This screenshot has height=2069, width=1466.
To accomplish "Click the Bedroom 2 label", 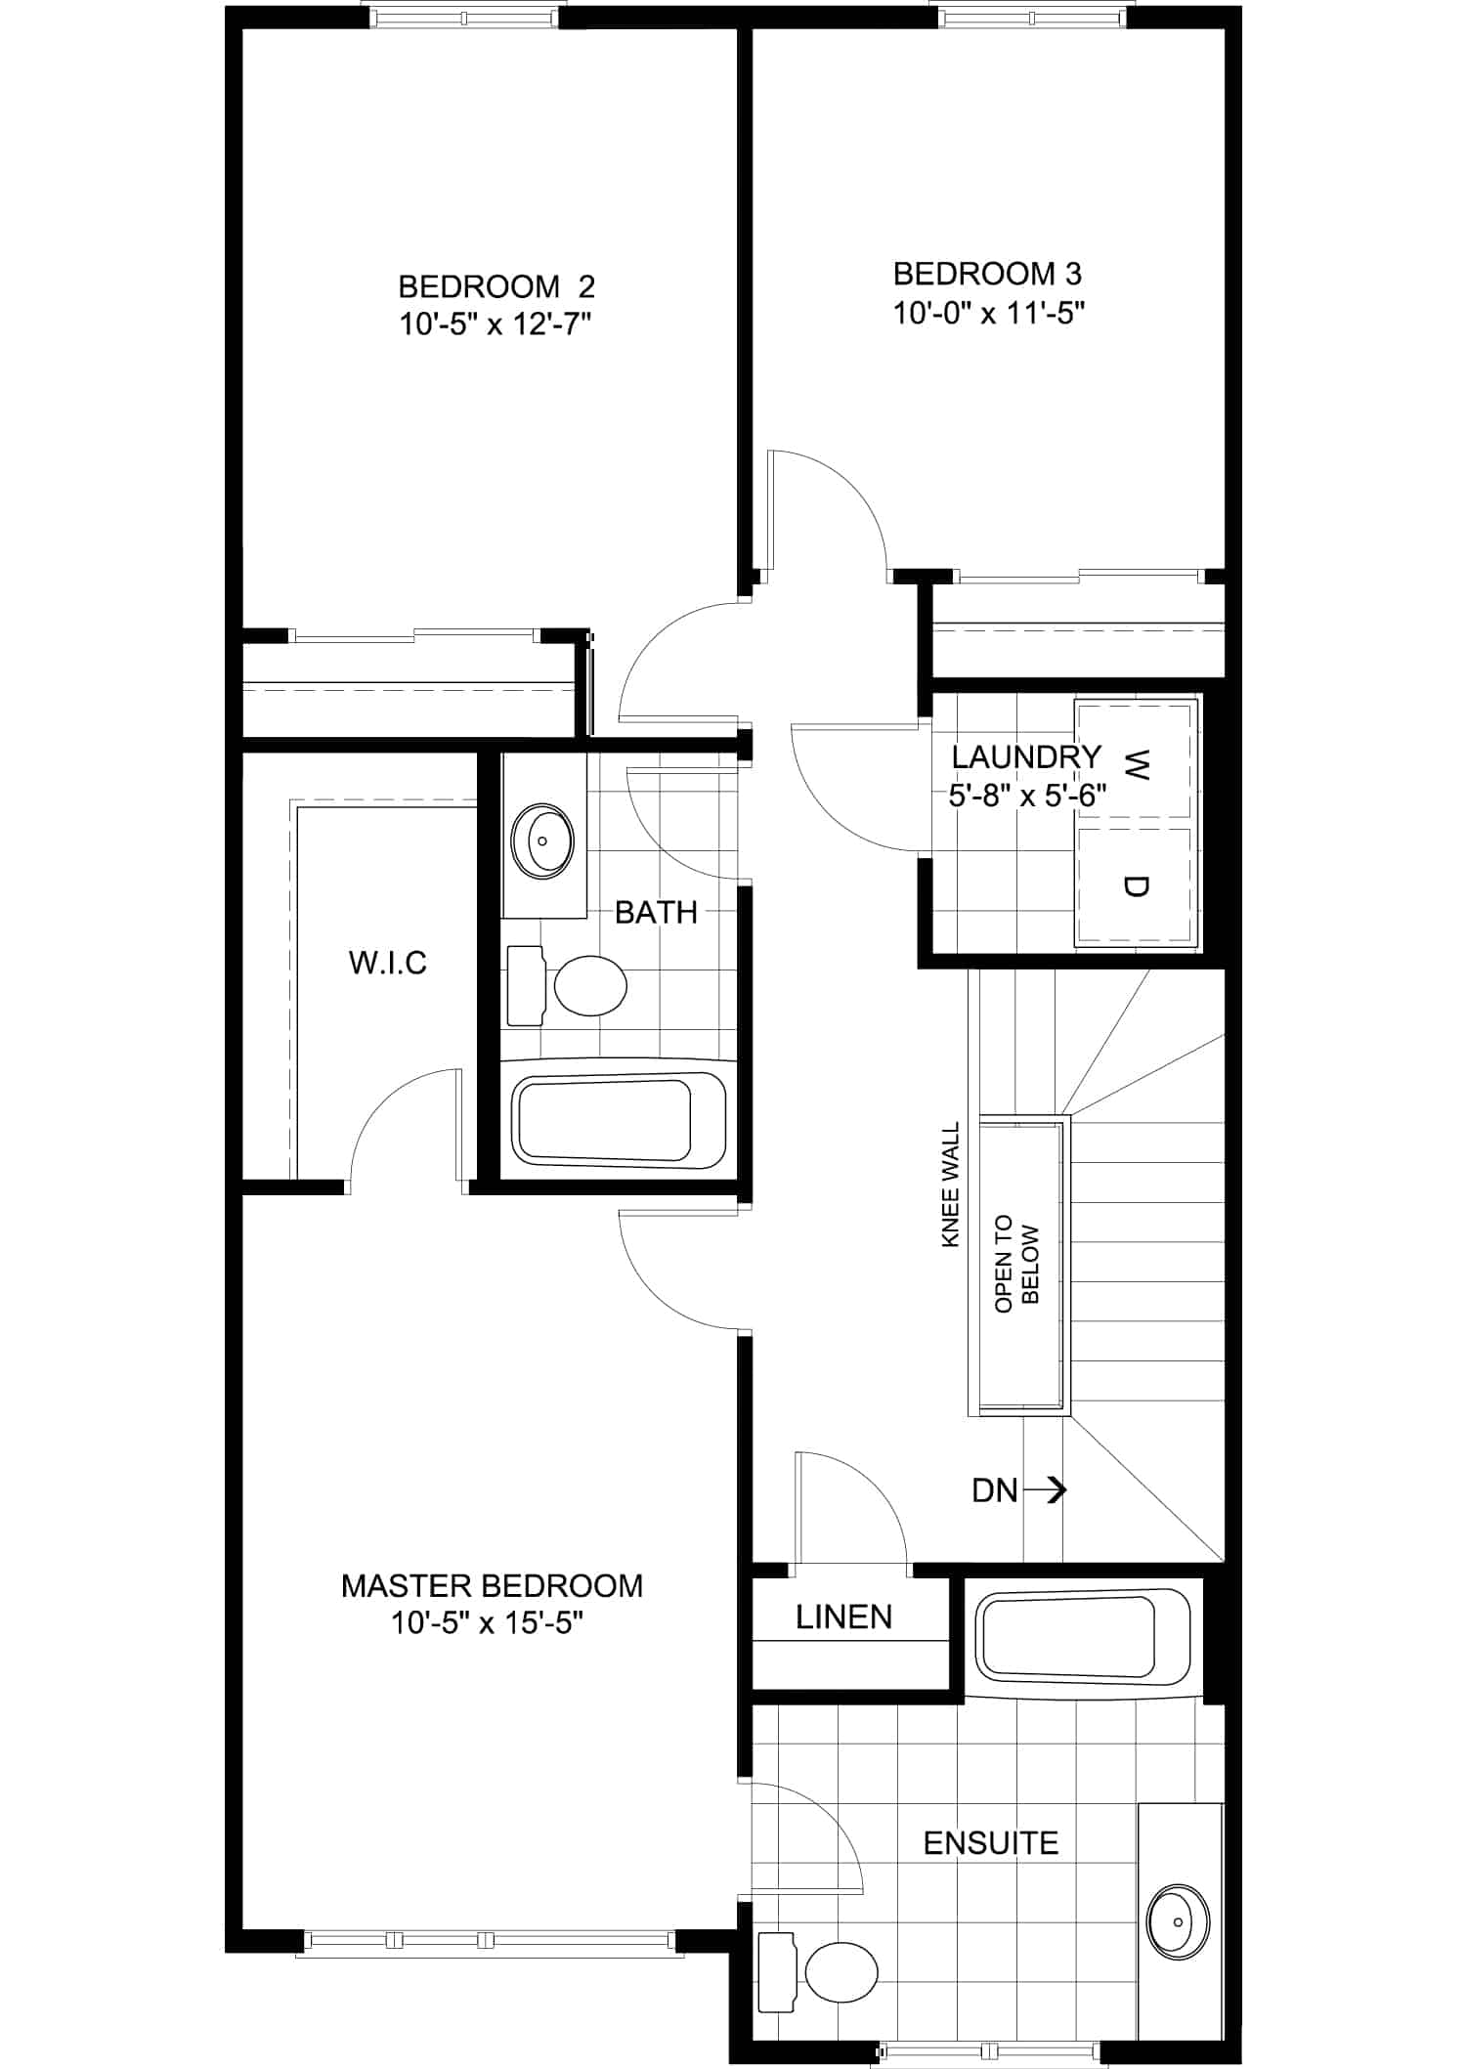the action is tap(496, 286).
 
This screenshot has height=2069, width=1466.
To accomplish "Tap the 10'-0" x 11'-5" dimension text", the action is tap(989, 313).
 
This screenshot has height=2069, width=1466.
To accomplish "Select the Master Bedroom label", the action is tap(492, 1585).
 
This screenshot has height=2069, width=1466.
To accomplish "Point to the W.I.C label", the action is tap(388, 963).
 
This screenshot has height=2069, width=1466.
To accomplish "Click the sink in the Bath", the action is tap(542, 840).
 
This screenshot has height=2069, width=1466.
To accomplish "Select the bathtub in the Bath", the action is tap(620, 1121).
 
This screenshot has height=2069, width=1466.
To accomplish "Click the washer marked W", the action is tap(1136, 759).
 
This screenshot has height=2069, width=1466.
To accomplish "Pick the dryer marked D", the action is tap(1136, 886).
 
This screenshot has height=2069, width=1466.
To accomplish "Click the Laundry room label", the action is tap(1026, 756).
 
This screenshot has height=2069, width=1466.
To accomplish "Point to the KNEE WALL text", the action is tap(950, 1184).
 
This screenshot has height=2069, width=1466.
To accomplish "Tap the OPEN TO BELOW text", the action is tap(1017, 1264).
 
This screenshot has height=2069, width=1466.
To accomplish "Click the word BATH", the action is tap(656, 912).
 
